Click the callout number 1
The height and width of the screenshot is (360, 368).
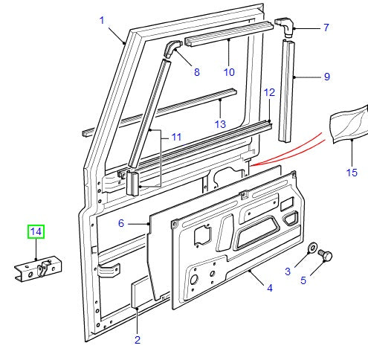click(102, 20)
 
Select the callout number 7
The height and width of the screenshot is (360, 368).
click(326, 28)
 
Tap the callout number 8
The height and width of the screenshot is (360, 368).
click(196, 72)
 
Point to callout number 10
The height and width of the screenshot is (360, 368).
click(229, 72)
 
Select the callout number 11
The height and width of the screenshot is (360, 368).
click(176, 137)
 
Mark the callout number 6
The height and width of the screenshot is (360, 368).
click(121, 222)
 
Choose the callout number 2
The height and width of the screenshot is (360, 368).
click(137, 340)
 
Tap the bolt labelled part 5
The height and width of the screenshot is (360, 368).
click(325, 257)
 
